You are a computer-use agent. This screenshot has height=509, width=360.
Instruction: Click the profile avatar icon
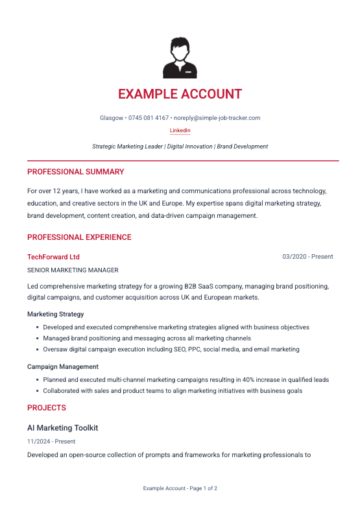tap(180, 58)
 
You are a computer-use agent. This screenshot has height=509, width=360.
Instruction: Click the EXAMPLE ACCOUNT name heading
tap(180, 94)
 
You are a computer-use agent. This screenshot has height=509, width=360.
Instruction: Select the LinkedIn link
tap(180, 130)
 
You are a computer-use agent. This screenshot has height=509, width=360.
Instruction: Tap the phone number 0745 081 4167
tap(149, 118)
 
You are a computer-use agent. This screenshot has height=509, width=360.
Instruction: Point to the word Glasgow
tap(112, 118)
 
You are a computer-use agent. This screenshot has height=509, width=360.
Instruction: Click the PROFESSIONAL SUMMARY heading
tap(75, 172)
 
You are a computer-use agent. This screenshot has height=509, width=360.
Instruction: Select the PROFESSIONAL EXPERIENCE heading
tap(79, 237)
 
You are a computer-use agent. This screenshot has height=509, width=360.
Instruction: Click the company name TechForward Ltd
tap(53, 257)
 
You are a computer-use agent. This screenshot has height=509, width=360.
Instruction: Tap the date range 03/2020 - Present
tap(307, 257)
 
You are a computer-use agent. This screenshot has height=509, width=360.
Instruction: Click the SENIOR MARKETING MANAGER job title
tap(73, 270)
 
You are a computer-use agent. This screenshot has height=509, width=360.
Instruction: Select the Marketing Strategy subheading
tap(55, 314)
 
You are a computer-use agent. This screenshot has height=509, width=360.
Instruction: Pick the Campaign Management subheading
tap(62, 366)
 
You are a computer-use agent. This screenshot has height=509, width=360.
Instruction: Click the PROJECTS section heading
tap(47, 408)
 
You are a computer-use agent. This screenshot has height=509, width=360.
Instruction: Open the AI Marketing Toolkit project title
tap(62, 428)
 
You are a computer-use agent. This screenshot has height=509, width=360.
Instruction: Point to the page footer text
tap(180, 488)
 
